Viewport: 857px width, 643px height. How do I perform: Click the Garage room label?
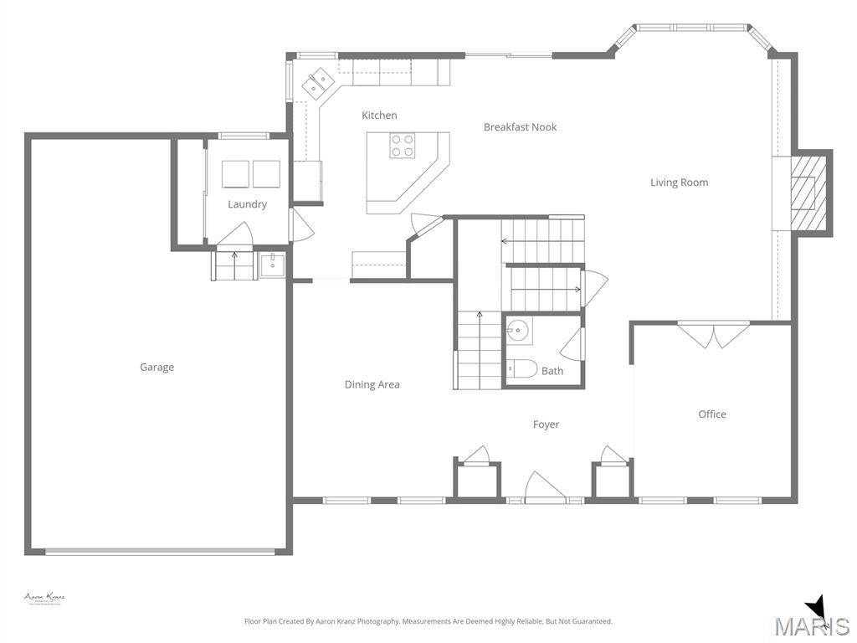[157, 367]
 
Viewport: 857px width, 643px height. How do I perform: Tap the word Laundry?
[247, 204]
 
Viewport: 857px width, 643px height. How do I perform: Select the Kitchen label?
[379, 116]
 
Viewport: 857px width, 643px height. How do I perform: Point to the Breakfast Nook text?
[520, 127]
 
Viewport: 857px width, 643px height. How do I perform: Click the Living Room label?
[679, 183]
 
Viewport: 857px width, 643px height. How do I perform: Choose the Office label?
[712, 414]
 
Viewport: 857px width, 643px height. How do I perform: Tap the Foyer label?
[546, 425]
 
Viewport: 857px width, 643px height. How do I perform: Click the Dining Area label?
[372, 385]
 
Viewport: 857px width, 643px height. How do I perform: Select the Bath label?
[552, 371]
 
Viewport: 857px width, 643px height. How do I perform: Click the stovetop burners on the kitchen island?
[402, 147]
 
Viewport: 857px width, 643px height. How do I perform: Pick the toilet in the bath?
[522, 368]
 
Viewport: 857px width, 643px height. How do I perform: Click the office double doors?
[713, 336]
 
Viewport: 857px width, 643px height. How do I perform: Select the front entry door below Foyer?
[544, 488]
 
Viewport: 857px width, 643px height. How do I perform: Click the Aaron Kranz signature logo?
[44, 598]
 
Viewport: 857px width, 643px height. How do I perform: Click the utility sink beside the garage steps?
[273, 266]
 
